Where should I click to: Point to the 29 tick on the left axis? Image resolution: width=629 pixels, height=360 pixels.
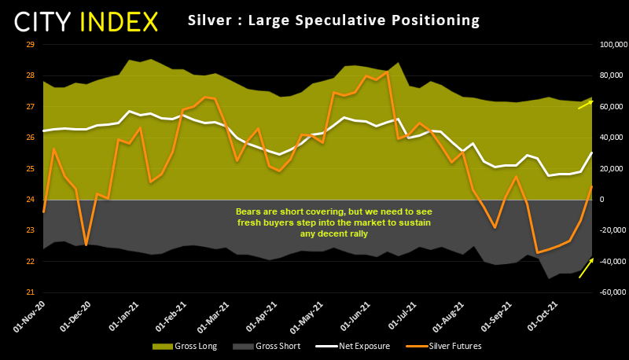pos(31,45)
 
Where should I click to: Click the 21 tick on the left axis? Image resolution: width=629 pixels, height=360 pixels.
pos(31,292)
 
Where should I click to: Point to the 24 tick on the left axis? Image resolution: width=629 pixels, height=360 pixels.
pos(31,200)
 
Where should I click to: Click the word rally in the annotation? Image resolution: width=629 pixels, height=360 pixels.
pos(355,233)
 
